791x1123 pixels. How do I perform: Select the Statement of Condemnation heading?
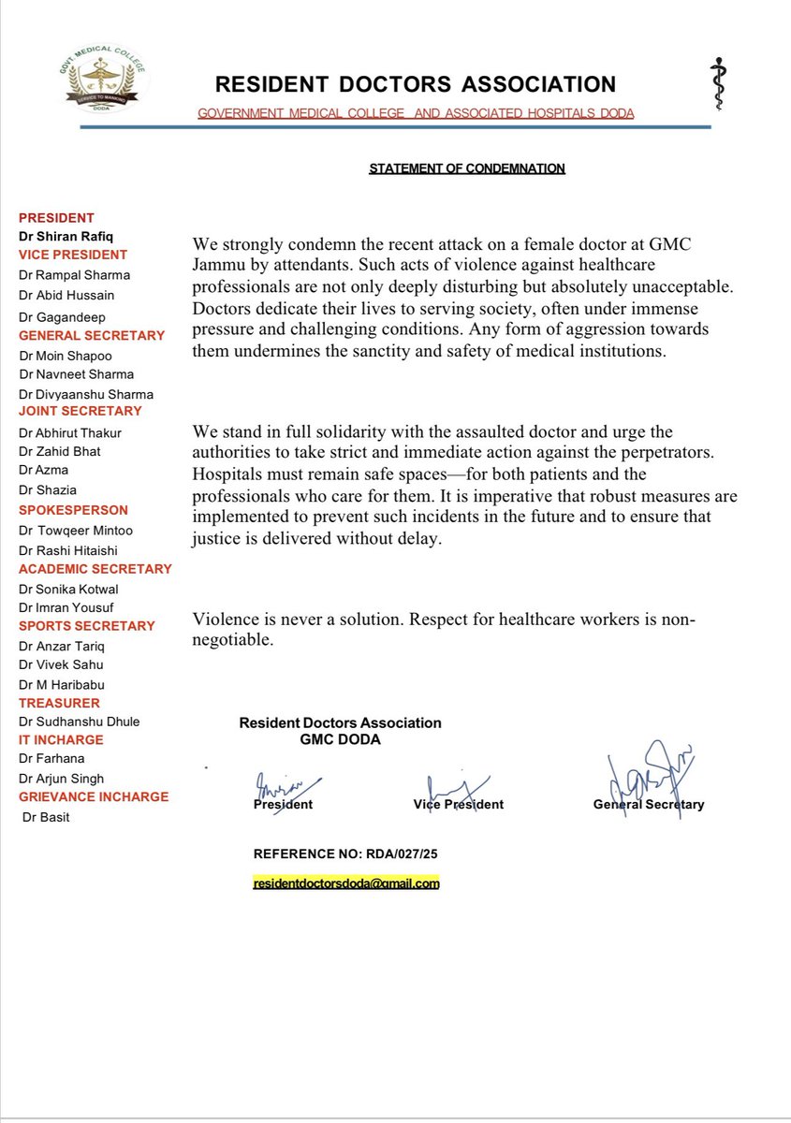[x=467, y=168]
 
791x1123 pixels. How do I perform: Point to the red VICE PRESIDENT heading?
[x=73, y=255]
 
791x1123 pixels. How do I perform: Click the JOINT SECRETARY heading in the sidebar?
[x=81, y=411]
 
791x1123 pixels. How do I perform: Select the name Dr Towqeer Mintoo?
[x=76, y=531]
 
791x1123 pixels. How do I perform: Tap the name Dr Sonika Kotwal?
[x=69, y=589]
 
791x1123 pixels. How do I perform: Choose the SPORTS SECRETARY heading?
[x=86, y=625]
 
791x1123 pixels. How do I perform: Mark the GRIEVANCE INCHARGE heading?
[x=94, y=796]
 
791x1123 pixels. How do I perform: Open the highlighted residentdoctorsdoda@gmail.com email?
[x=346, y=883]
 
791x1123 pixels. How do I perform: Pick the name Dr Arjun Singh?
[x=61, y=779]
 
